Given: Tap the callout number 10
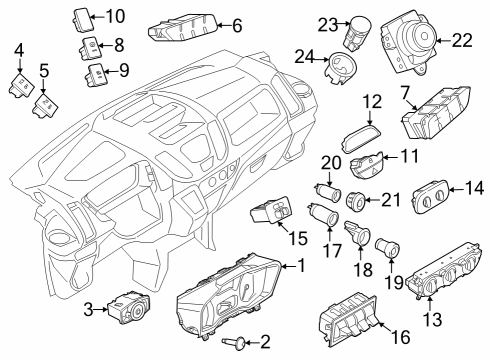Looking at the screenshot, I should [115, 15].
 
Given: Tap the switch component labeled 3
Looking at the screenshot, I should [129, 307].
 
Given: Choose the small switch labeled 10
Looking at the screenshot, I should [84, 15].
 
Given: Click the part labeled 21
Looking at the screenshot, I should [353, 200].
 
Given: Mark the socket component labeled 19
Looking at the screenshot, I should [386, 245].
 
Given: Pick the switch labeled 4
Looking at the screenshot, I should [18, 84].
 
